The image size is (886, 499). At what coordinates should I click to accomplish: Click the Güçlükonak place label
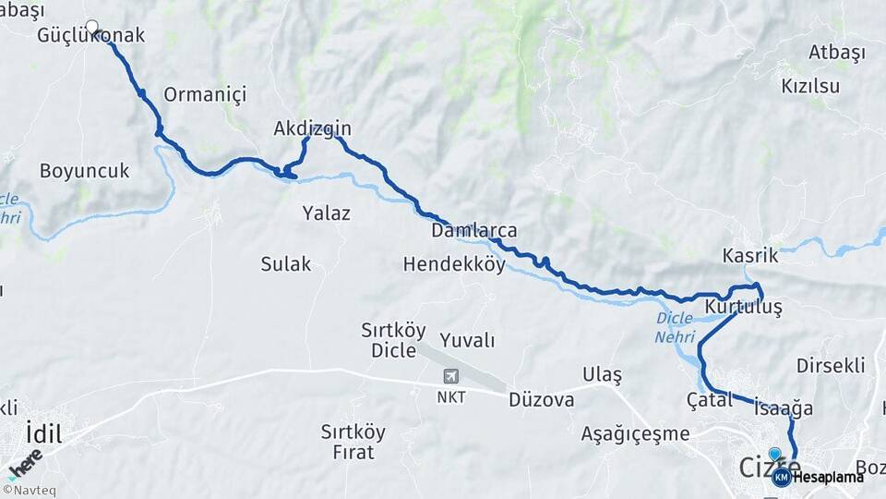point(91,37)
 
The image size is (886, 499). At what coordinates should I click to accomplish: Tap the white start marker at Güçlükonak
point(91,26)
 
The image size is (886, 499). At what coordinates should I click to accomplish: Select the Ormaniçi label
point(205,93)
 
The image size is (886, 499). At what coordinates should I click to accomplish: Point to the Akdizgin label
point(312,128)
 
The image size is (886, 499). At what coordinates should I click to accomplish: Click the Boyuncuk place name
point(84,171)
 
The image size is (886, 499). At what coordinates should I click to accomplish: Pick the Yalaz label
point(326,213)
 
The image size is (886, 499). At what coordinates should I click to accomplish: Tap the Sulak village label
point(285,264)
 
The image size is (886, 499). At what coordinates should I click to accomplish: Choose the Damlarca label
point(473,230)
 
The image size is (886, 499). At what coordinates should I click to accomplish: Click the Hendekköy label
point(454,264)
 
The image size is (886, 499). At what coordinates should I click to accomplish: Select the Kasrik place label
point(750,256)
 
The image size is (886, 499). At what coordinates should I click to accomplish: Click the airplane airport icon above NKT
point(450,377)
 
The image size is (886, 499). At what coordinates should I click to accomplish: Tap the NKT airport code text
point(450,397)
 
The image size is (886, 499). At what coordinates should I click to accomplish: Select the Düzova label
point(542,400)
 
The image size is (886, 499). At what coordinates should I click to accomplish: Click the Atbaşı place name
point(837,52)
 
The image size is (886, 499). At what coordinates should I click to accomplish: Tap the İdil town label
point(43,432)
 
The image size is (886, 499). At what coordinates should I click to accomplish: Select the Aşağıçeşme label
point(635,433)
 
